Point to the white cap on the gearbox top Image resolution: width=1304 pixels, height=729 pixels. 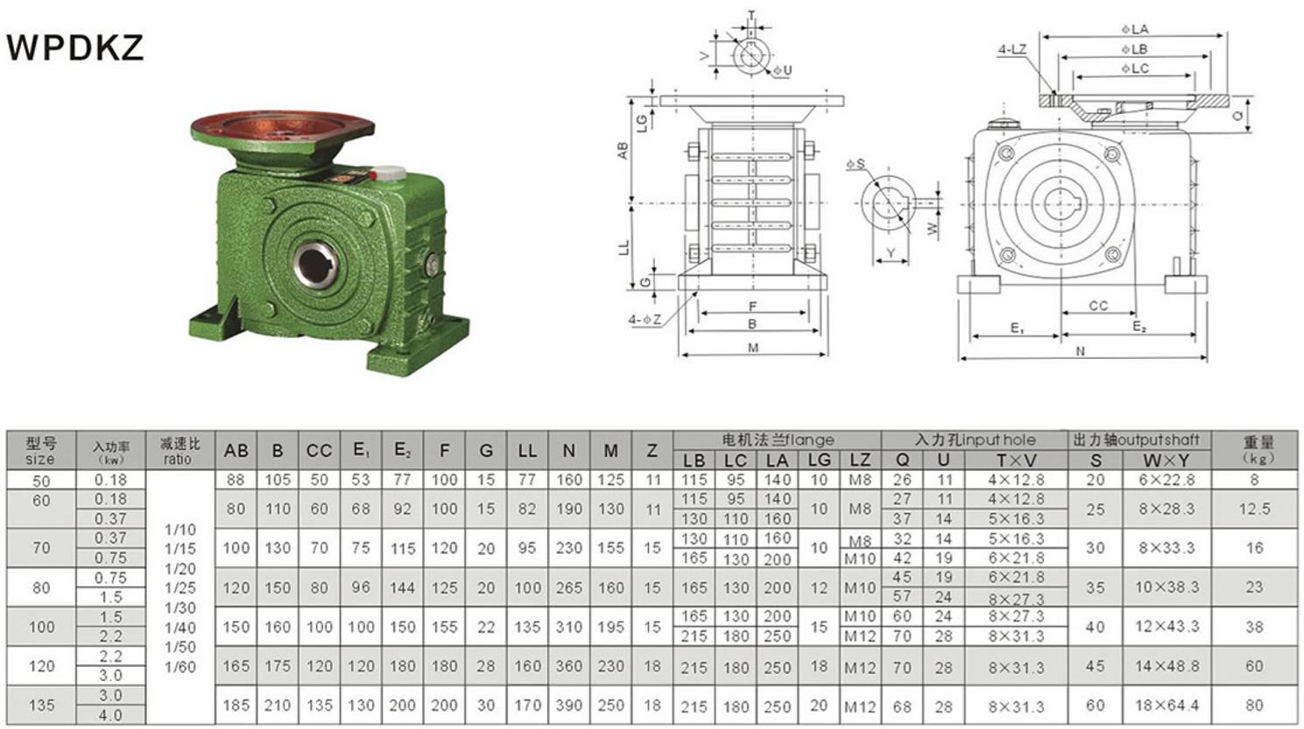tap(391, 174)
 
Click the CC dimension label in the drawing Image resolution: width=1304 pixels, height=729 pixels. tap(1098, 305)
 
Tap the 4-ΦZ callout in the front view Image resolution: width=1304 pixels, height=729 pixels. tap(645, 319)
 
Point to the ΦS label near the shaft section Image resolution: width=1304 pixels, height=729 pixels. tap(856, 164)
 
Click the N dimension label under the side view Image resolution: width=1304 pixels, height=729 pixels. tap(1081, 351)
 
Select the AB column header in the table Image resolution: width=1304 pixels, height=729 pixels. tap(236, 451)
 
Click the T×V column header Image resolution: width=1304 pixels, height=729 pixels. tap(1016, 460)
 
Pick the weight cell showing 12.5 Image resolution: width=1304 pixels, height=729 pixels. tap(1254, 508)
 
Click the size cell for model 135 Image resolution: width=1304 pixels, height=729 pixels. tap(41, 704)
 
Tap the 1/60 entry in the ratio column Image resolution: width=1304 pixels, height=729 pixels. tap(180, 667)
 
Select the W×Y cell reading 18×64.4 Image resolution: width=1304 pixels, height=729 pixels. tap(1166, 705)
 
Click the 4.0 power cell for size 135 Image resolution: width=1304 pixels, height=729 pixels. tap(111, 715)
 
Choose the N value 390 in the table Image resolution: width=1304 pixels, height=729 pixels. tap(568, 705)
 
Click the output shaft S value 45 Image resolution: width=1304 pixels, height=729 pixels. tap(1095, 666)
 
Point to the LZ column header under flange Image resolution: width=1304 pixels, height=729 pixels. tap(860, 460)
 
